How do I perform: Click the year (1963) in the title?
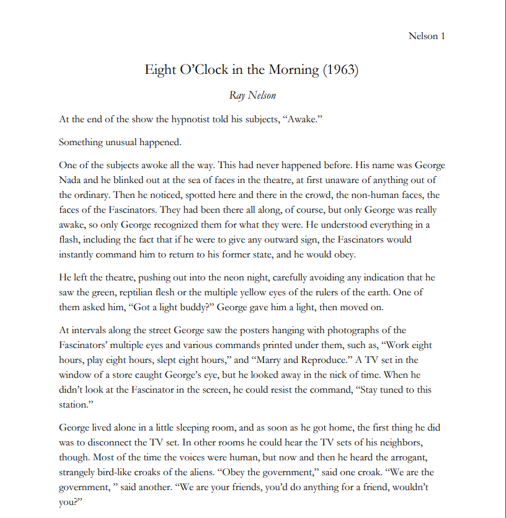pyautogui.click(x=340, y=69)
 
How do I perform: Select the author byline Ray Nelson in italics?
pyautogui.click(x=252, y=95)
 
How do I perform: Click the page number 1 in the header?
pyautogui.click(x=443, y=35)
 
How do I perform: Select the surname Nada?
pyautogui.click(x=71, y=180)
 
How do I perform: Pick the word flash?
pyautogui.click(x=71, y=239)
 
